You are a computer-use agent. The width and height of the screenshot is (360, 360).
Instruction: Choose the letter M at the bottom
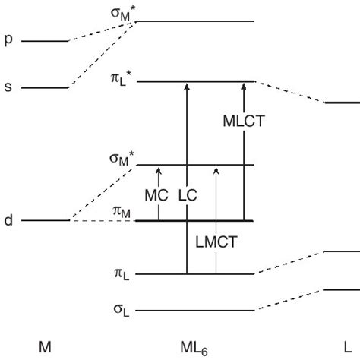[x=45, y=346]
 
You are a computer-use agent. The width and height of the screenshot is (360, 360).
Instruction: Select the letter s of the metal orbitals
[x=9, y=87]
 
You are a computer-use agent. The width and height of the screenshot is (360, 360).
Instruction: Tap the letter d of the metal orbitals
[x=9, y=221]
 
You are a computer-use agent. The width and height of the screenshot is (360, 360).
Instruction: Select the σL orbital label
[x=122, y=311]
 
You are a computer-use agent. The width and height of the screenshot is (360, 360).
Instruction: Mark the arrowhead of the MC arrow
[x=159, y=169]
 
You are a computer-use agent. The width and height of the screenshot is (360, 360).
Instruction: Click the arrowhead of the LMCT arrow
[x=216, y=169]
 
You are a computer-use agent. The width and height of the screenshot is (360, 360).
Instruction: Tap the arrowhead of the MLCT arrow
[x=243, y=85]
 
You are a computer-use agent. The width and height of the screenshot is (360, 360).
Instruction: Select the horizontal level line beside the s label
[x=45, y=87]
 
